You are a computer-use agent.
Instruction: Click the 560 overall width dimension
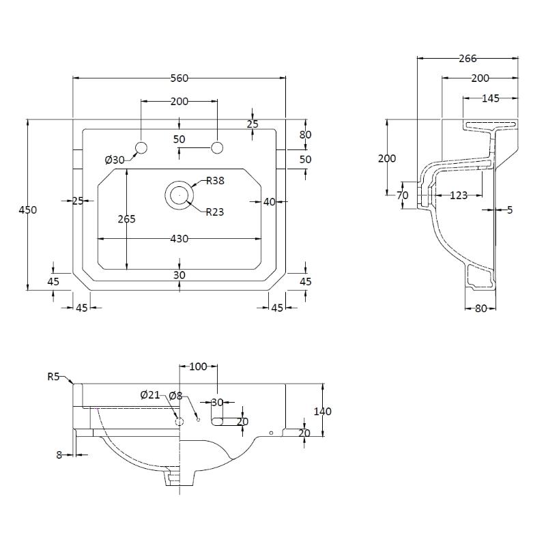pyautogui.click(x=179, y=78)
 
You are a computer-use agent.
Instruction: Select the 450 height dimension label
pyautogui.click(x=28, y=210)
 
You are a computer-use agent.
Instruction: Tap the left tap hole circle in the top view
pyautogui.click(x=141, y=147)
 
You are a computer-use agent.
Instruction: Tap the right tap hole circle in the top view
pyautogui.click(x=218, y=147)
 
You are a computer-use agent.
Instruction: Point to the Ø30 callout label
pyautogui.click(x=115, y=160)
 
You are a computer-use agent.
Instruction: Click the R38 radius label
pyautogui.click(x=216, y=181)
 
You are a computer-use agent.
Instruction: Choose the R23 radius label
pyautogui.click(x=215, y=212)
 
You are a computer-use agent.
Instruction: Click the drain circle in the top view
pyautogui.click(x=179, y=195)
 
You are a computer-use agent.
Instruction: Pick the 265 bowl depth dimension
pyautogui.click(x=127, y=219)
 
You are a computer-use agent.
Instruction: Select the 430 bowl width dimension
pyautogui.click(x=179, y=239)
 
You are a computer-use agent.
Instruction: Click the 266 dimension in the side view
pyautogui.click(x=468, y=59)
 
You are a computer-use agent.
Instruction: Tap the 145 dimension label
pyautogui.click(x=490, y=98)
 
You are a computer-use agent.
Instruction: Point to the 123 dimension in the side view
pyautogui.click(x=459, y=196)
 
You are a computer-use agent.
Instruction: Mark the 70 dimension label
pyautogui.click(x=402, y=195)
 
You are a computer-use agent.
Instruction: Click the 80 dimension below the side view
pyautogui.click(x=480, y=308)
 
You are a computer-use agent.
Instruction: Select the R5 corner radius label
pyautogui.click(x=54, y=376)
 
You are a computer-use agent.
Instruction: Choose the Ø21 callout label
pyautogui.click(x=149, y=395)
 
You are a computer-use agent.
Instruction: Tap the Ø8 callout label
pyautogui.click(x=175, y=395)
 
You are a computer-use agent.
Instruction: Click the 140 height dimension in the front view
pyautogui.click(x=322, y=412)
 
